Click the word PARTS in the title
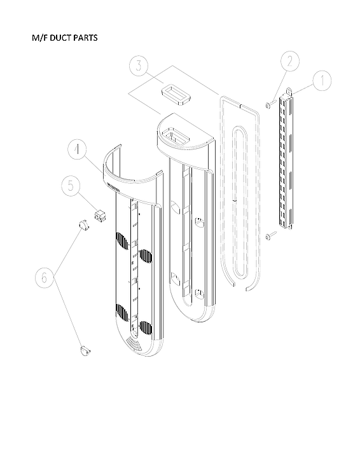click(86, 38)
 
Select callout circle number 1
click(322, 81)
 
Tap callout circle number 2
click(289, 62)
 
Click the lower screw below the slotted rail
click(270, 236)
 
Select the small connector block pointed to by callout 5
click(99, 216)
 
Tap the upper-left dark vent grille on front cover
click(121, 242)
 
